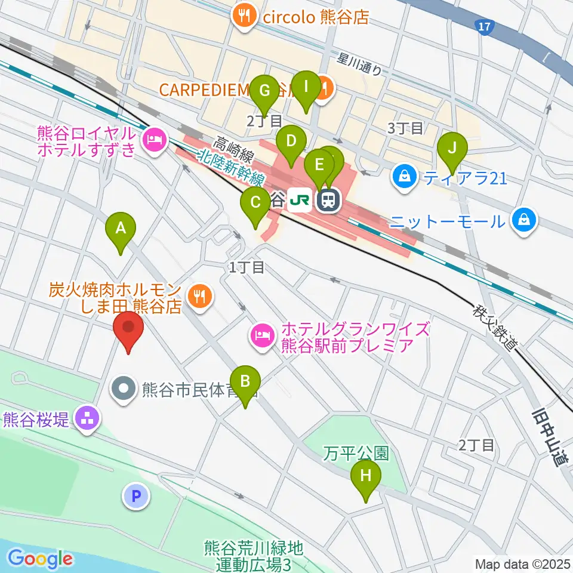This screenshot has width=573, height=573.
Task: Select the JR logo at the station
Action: point(300,201)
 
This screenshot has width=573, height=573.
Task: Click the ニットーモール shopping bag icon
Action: point(523,222)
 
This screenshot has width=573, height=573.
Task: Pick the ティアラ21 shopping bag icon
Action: point(405,177)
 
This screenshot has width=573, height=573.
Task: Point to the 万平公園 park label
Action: point(356,454)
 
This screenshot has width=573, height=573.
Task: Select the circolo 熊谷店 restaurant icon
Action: point(245,15)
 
